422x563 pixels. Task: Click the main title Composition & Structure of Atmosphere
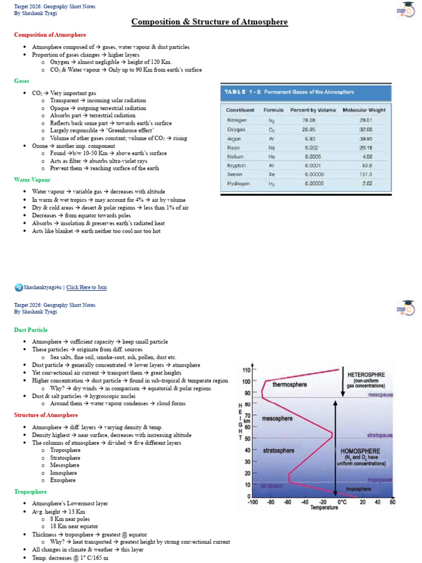click(x=209, y=22)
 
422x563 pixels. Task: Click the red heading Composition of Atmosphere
click(x=50, y=35)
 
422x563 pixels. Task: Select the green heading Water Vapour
click(x=32, y=180)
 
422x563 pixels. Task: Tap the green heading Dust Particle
click(x=31, y=330)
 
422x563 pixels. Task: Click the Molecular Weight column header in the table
click(x=364, y=110)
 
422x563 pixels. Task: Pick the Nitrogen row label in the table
click(x=237, y=119)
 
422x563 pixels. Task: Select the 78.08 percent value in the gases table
click(x=310, y=119)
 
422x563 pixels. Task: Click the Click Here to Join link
click(x=86, y=287)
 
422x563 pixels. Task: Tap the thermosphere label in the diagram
click(x=290, y=384)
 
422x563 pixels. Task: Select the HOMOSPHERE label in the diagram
click(x=361, y=450)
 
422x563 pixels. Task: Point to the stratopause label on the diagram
click(x=380, y=435)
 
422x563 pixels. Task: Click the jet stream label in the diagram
click(x=271, y=485)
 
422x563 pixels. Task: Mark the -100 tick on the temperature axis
click(x=253, y=502)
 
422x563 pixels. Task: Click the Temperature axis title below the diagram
click(x=324, y=508)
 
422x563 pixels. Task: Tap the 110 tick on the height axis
click(x=247, y=371)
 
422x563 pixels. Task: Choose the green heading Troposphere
click(x=30, y=492)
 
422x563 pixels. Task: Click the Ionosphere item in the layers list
click(x=65, y=473)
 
